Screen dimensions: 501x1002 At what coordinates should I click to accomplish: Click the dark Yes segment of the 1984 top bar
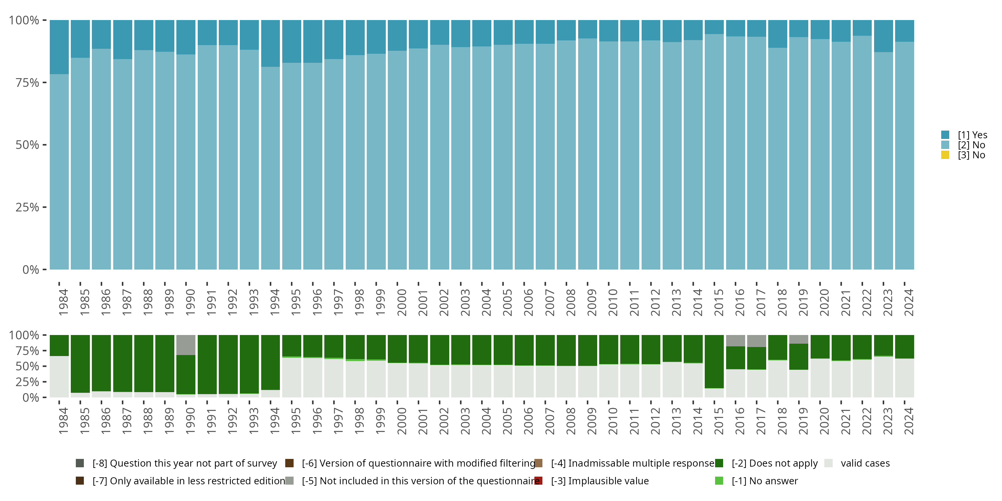coord(59,47)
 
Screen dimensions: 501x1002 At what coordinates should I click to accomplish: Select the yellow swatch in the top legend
coord(945,155)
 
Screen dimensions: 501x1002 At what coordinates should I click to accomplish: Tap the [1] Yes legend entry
coord(972,135)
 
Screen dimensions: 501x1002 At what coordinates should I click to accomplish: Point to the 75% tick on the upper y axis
coord(44,82)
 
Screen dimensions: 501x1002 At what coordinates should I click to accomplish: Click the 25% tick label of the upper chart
coord(27,207)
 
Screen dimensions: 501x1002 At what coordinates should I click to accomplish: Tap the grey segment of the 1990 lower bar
coord(186,345)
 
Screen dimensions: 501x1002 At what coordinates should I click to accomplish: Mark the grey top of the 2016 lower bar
coord(735,340)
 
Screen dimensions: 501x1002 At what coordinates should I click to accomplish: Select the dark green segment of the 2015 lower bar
coord(714,361)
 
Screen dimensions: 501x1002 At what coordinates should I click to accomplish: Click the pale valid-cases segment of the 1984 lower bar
coord(59,376)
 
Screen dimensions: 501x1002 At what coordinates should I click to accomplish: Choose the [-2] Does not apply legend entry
coord(774,463)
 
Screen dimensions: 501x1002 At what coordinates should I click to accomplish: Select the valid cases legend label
coord(865,463)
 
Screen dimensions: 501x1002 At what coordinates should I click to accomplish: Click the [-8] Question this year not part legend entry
coord(184,463)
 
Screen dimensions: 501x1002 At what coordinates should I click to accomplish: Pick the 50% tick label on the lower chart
coord(27,366)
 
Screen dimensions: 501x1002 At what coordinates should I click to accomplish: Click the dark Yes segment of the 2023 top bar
coord(883,36)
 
